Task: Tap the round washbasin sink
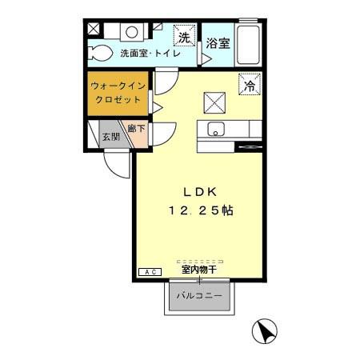[131, 32]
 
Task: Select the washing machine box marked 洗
[185, 38]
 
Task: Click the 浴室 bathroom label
[218, 45]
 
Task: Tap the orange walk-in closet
[118, 94]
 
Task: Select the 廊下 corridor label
[137, 129]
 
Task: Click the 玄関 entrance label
[110, 137]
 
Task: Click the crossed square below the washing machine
[214, 102]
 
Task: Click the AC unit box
[150, 273]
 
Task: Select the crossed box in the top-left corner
[93, 28]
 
